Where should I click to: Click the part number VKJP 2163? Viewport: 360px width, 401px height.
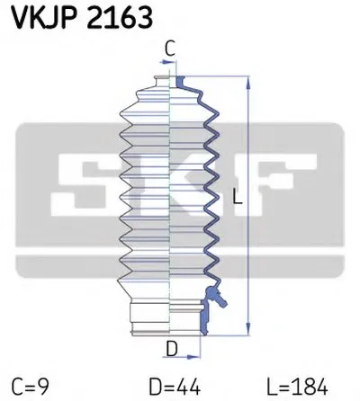[77, 16]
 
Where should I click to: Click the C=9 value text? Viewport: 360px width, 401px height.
[31, 386]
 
